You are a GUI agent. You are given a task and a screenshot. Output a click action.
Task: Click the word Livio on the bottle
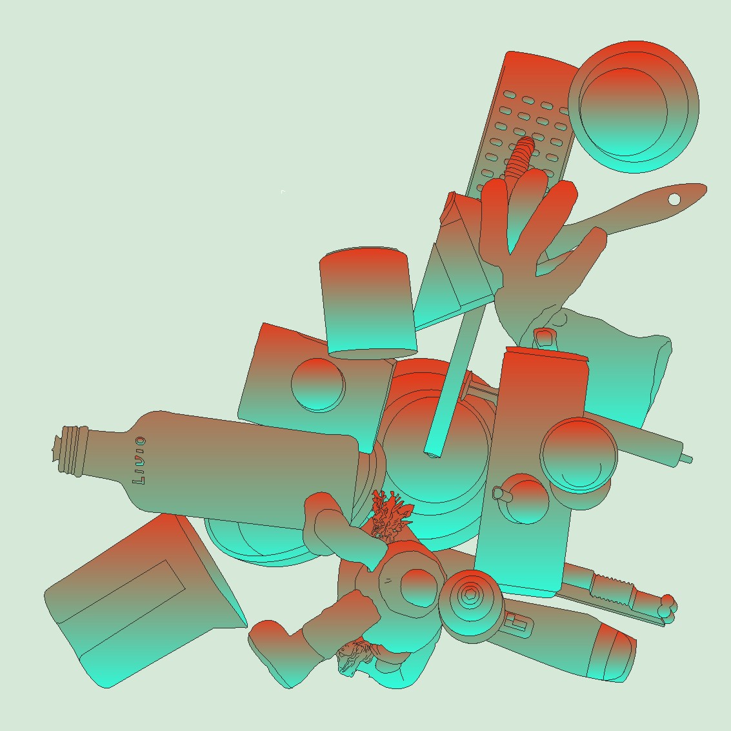[139, 460]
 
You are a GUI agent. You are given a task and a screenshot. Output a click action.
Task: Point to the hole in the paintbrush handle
[674, 199]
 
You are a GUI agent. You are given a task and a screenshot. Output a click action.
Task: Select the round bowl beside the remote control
[634, 106]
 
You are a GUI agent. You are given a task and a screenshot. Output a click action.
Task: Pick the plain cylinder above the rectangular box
[368, 303]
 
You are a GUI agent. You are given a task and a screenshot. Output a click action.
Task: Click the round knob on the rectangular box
[318, 385]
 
